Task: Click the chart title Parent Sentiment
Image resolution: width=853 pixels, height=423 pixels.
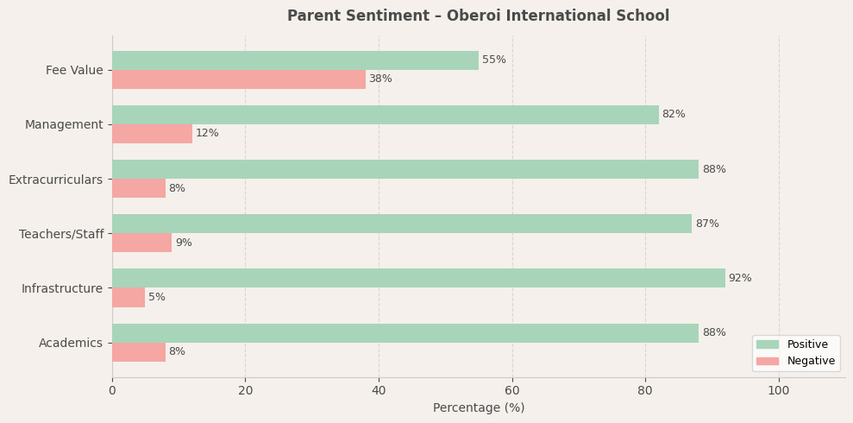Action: pyautogui.click(x=478, y=16)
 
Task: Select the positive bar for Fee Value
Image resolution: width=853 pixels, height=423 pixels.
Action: pyautogui.click(x=295, y=60)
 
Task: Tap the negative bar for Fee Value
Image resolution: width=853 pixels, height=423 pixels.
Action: pyautogui.click(x=239, y=79)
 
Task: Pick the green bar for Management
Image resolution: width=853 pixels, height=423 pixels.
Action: pyautogui.click(x=386, y=115)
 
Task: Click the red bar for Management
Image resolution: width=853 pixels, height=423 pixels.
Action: pyautogui.click(x=152, y=134)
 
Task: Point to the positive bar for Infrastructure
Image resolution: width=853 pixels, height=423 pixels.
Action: pyautogui.click(x=418, y=278)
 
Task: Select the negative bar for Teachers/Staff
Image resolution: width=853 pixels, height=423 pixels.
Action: pyautogui.click(x=142, y=243)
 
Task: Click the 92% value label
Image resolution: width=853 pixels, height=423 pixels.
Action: pyautogui.click(x=740, y=278)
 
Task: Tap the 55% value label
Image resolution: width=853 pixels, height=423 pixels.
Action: pyautogui.click(x=494, y=60)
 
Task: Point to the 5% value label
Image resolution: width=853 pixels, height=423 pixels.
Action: pyautogui.click(x=157, y=297)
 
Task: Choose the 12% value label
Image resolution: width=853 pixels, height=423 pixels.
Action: pyautogui.click(x=207, y=134)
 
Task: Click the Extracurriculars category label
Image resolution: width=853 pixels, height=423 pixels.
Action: pyautogui.click(x=56, y=180)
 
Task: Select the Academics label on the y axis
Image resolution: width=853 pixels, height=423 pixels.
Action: pyautogui.click(x=71, y=343)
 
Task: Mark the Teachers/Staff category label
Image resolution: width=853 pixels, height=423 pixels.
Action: pyautogui.click(x=61, y=234)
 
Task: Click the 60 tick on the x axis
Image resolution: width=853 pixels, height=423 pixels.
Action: pyautogui.click(x=512, y=391)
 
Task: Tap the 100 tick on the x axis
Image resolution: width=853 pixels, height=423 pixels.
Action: pyautogui.click(x=779, y=391)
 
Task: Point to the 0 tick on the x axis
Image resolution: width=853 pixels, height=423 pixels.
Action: pyautogui.click(x=112, y=391)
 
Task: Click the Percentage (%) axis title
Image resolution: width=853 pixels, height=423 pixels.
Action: pyautogui.click(x=479, y=408)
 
